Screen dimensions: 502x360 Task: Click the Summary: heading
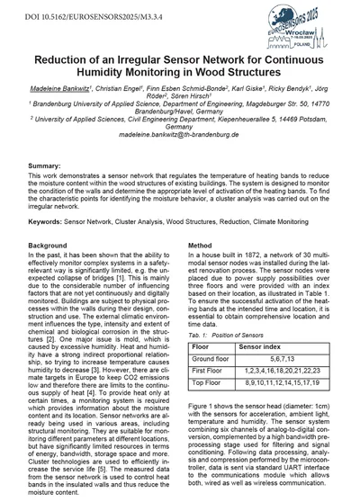click(45, 193)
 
